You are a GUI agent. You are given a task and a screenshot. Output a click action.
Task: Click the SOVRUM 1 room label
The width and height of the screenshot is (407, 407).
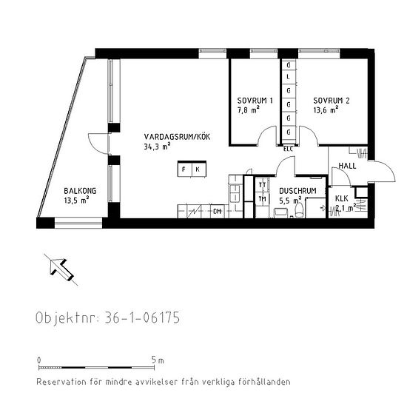pos(255,101)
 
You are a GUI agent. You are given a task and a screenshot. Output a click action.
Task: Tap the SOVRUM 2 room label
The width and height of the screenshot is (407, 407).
pos(331,101)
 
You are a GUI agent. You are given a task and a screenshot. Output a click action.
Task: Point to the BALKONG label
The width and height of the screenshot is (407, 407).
pos(76,189)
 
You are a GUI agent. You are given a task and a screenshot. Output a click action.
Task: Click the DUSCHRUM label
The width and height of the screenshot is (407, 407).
pos(297,190)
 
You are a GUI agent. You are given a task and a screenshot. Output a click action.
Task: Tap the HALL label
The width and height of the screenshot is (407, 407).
pos(347,166)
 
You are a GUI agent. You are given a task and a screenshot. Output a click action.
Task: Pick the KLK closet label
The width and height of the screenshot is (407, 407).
pos(341,198)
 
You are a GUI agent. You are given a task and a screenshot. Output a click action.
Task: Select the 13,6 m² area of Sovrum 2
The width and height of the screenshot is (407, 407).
pos(326,110)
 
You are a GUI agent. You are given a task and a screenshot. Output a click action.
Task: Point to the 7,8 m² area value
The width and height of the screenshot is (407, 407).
pos(248,110)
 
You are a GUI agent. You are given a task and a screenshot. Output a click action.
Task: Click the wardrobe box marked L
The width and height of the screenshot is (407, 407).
pos(288,78)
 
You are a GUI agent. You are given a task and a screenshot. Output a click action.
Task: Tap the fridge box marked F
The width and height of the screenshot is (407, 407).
pos(184,170)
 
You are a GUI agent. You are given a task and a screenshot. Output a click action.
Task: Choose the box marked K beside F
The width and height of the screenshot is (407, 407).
pos(198,170)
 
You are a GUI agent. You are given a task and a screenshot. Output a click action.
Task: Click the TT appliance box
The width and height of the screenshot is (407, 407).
pos(262,185)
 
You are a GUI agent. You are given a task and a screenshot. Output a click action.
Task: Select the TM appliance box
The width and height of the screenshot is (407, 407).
pos(262,198)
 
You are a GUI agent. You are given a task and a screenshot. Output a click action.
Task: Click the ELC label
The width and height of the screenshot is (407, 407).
pos(288,148)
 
